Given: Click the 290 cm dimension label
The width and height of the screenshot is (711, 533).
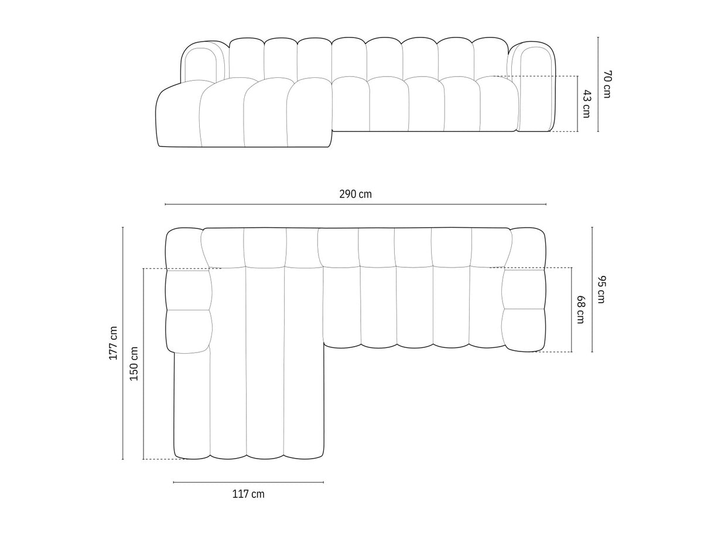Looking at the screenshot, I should [355, 194].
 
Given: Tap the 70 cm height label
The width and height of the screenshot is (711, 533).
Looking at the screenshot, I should [607, 84].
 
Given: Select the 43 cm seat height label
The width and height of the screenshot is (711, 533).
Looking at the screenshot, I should [586, 104].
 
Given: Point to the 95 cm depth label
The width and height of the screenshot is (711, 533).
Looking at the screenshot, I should [601, 289].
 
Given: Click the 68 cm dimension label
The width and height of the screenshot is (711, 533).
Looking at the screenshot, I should [580, 309].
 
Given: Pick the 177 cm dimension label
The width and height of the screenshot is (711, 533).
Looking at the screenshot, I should [114, 343].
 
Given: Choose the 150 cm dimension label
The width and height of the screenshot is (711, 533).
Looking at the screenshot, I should [134, 364].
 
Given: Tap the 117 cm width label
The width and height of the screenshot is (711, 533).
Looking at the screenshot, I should [248, 494].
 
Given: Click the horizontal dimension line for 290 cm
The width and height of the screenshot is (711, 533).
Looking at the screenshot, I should [355, 204].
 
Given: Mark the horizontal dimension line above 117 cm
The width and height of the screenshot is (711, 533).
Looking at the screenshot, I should [248, 482].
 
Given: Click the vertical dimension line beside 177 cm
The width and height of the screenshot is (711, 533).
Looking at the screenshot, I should [123, 343].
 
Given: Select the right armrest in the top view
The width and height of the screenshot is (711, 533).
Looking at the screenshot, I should [524, 290].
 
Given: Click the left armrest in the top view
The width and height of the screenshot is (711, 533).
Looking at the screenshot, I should [187, 290].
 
